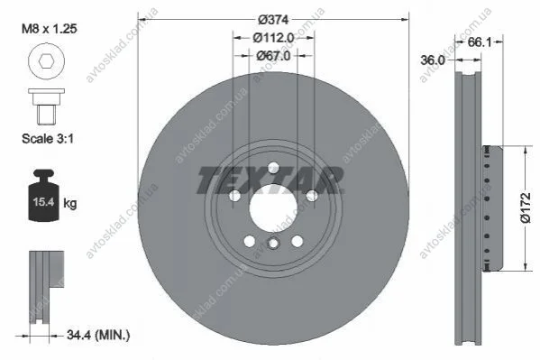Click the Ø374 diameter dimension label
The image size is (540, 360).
[x=273, y=20]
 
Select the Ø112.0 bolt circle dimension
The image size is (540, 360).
[x=273, y=38]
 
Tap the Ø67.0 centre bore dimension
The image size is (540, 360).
[x=273, y=56]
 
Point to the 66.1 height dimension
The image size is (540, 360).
[x=480, y=42]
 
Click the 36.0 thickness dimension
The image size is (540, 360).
[x=433, y=60]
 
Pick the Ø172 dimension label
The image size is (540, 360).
[x=526, y=208]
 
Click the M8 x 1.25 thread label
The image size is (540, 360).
[x=50, y=29]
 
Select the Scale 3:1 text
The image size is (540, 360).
[x=48, y=139]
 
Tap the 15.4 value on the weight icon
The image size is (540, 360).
[x=44, y=201]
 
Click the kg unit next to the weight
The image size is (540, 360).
[x=70, y=203]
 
